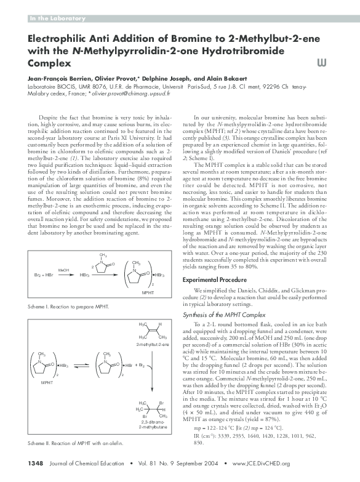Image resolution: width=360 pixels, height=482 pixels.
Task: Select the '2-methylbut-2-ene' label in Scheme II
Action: (x=153, y=344)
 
